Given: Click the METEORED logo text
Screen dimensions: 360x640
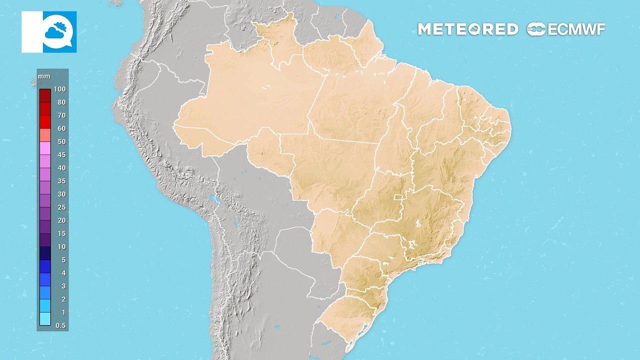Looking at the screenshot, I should click(467, 29).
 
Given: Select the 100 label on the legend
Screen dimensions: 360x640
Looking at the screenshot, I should click(60, 89).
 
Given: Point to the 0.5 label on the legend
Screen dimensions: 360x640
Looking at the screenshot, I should click(60, 325).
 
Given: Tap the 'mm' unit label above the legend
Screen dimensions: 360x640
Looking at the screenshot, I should click(43, 77).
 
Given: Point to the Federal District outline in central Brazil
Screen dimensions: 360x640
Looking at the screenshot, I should click(398, 198).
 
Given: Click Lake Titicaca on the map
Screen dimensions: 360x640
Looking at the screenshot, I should click(215, 199).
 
